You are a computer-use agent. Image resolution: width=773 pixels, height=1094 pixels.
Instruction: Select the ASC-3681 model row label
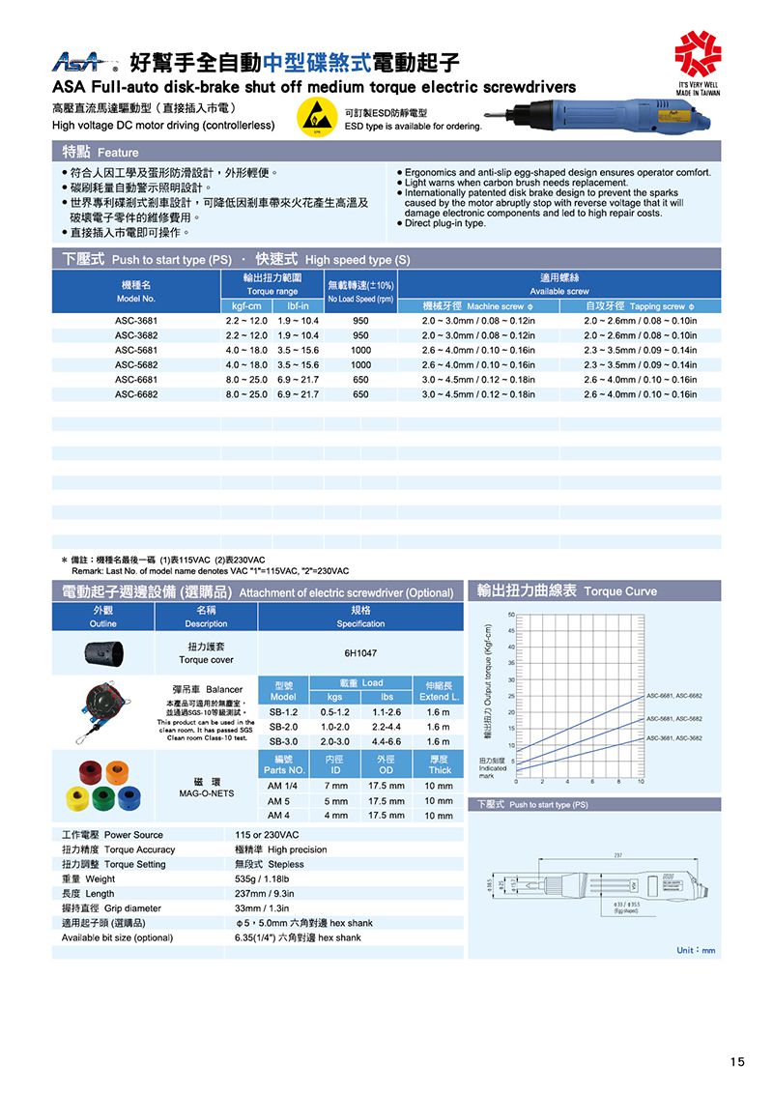click(x=135, y=321)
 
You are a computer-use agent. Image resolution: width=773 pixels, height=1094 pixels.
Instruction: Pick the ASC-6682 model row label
click(x=135, y=394)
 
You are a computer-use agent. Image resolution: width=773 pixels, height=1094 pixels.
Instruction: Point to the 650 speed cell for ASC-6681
click(x=360, y=380)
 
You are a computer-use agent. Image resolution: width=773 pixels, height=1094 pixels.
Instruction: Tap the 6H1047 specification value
click(x=360, y=654)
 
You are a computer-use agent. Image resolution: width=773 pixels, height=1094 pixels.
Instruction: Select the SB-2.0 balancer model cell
click(x=283, y=727)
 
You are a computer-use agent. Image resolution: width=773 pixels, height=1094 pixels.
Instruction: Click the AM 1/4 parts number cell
click(x=283, y=787)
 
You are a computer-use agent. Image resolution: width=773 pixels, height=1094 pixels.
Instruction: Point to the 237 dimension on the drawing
click(x=603, y=854)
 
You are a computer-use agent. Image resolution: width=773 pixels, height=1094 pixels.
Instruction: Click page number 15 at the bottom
click(x=737, y=1062)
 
